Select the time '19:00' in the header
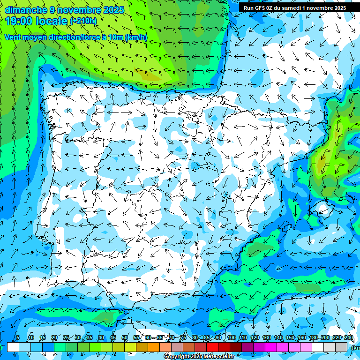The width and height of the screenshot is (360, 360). click(19, 21)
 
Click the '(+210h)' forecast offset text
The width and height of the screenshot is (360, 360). click(83, 21)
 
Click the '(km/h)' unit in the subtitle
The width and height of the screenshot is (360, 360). click(136, 37)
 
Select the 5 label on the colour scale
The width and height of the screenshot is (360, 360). click(18, 338)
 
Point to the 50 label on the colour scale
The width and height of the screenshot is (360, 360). click(125, 338)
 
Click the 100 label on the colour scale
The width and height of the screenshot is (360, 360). click(231, 338)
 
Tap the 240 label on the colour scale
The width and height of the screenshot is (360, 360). click(348, 338)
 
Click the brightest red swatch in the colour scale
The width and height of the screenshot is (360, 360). click(212, 347)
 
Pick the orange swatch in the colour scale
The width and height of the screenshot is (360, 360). click(154, 347)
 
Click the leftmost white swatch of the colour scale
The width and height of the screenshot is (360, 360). click(13, 347)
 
